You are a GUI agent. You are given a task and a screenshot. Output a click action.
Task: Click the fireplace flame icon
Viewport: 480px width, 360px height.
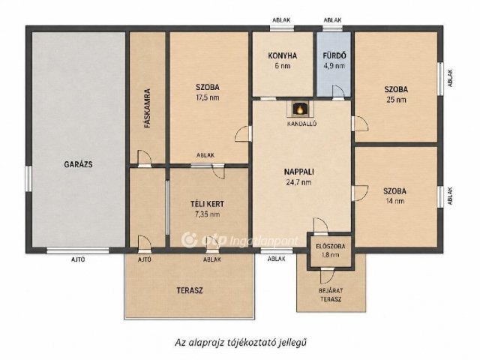point(300,109)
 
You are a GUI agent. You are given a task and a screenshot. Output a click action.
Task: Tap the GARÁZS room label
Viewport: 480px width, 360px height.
point(78,164)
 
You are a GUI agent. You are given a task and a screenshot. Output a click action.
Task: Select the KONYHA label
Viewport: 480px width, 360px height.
point(283,55)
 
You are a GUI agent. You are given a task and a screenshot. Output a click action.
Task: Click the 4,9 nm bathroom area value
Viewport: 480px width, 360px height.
point(334,66)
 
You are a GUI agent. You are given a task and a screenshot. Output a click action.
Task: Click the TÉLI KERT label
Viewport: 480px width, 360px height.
point(207,204)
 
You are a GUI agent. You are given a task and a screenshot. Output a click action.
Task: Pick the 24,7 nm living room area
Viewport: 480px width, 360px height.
point(298,182)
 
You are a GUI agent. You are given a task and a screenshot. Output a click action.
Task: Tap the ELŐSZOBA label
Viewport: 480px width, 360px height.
point(330,246)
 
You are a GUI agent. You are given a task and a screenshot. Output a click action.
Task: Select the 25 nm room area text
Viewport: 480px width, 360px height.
point(396,100)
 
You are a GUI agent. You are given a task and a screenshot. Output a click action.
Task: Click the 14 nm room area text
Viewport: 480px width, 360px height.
point(395,201)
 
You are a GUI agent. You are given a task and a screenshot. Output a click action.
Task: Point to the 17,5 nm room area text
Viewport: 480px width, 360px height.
point(208,97)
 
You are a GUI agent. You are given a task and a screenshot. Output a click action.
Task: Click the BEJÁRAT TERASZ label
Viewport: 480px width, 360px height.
point(331,295)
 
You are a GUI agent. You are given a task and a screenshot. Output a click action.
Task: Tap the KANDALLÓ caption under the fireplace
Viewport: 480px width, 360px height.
point(301,124)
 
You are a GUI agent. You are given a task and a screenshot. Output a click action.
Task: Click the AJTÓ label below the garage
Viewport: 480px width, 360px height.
point(78,259)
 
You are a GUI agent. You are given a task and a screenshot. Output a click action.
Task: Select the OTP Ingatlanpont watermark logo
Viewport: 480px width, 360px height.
point(239,240)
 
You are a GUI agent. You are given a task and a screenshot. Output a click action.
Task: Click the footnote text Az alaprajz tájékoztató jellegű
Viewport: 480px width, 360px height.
point(241,342)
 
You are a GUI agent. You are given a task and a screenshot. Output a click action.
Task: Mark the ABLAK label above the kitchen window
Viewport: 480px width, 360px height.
point(281,20)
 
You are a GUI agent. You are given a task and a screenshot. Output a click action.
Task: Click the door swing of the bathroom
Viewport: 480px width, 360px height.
point(338,91)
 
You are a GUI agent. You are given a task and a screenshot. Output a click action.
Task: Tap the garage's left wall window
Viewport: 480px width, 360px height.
point(28,178)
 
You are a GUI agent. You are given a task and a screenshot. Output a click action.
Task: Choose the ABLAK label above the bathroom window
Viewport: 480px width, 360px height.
point(332,20)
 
